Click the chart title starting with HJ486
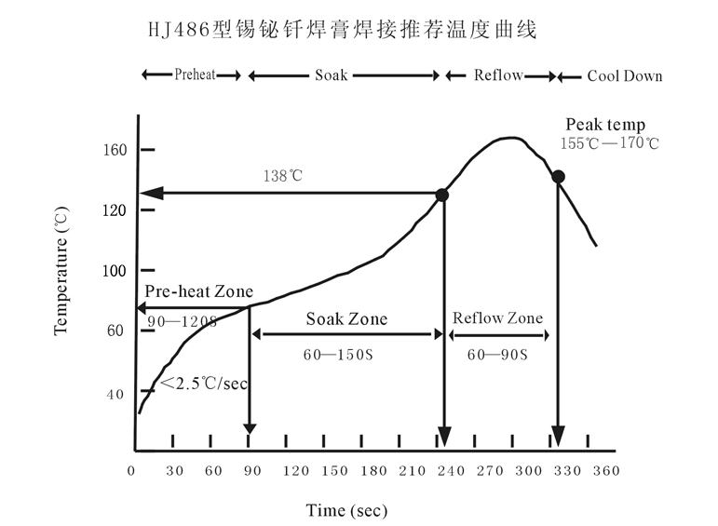pyautogui.click(x=342, y=30)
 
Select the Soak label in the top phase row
pyautogui.click(x=331, y=75)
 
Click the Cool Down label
pyautogui.click(x=624, y=76)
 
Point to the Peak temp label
pyautogui.click(x=605, y=125)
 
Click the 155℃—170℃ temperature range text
pyautogui.click(x=609, y=143)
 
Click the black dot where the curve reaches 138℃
pyautogui.click(x=442, y=195)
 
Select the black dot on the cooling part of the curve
pyautogui.click(x=558, y=176)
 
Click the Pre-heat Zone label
pyautogui.click(x=198, y=290)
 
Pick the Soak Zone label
pyautogui.click(x=346, y=319)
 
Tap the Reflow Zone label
pyautogui.click(x=497, y=318)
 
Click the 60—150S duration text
pyautogui.click(x=339, y=355)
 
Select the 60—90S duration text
pyautogui.click(x=496, y=355)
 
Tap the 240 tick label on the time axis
pyautogui.click(x=452, y=471)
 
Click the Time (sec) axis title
pyautogui.click(x=346, y=509)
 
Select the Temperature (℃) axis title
pyautogui.click(x=61, y=273)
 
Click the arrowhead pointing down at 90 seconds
pyautogui.click(x=249, y=426)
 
